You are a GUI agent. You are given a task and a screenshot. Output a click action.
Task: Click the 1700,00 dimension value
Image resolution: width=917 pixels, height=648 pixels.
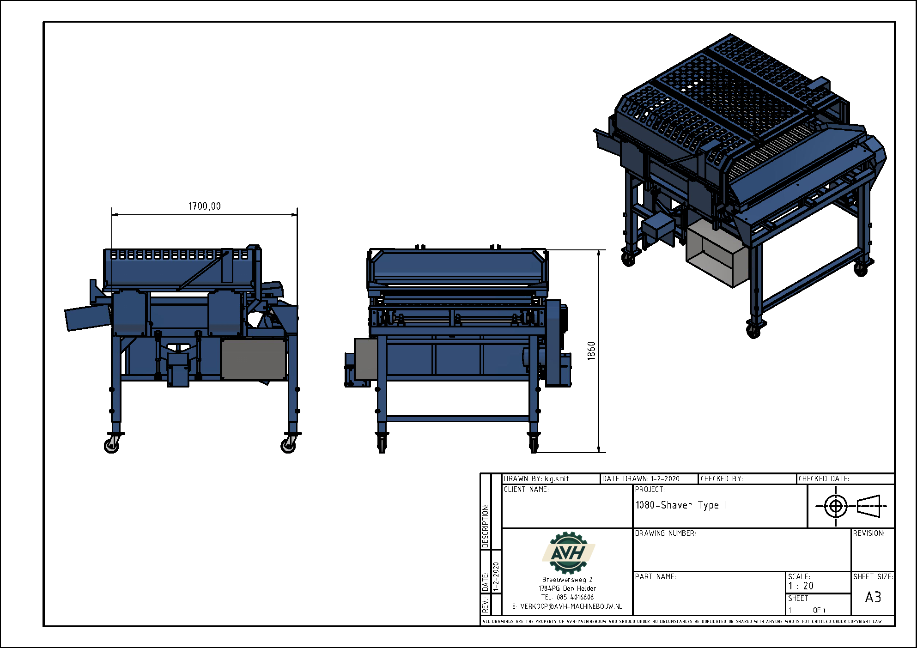[x=204, y=206]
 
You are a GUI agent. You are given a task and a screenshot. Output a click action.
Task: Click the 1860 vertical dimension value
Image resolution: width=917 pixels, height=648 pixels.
[x=591, y=351]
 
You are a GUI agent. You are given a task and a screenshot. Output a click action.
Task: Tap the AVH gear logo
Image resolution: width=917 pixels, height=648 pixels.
[x=568, y=552]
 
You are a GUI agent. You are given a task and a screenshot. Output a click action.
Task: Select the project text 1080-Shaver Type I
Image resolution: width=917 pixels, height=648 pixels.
[x=680, y=505]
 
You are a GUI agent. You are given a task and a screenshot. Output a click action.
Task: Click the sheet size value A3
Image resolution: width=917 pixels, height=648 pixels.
[x=873, y=597]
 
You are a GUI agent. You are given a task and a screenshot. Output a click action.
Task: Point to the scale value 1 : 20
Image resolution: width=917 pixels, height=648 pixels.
[x=801, y=586]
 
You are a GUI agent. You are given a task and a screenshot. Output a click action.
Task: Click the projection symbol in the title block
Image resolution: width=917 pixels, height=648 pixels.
[x=851, y=506]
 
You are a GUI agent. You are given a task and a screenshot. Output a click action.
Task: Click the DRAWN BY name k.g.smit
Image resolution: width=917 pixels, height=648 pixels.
[x=556, y=479]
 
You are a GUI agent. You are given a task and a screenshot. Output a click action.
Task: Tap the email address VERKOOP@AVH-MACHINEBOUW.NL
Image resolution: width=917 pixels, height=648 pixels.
[x=571, y=606]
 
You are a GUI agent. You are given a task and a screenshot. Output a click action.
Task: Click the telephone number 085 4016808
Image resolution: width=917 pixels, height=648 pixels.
[x=575, y=597]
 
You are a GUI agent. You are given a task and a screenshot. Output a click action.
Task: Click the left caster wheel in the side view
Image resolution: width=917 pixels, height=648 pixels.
[x=111, y=445]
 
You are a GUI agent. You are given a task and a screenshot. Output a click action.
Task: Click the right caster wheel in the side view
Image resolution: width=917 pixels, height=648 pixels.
[x=288, y=445]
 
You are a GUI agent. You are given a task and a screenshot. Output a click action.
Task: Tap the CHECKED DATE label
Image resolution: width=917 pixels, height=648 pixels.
[x=824, y=479]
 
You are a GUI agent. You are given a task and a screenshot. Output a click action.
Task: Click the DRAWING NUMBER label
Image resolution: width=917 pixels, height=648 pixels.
[x=665, y=533]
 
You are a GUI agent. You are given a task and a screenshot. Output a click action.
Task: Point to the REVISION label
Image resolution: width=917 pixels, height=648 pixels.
[x=868, y=533]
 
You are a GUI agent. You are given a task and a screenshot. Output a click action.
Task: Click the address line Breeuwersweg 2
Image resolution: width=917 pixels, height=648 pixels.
[x=567, y=580]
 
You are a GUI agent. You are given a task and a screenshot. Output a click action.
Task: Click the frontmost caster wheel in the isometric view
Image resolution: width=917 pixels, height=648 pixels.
[x=753, y=331]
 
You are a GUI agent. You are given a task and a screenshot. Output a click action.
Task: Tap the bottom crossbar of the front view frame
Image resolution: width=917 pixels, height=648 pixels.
[x=457, y=419]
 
